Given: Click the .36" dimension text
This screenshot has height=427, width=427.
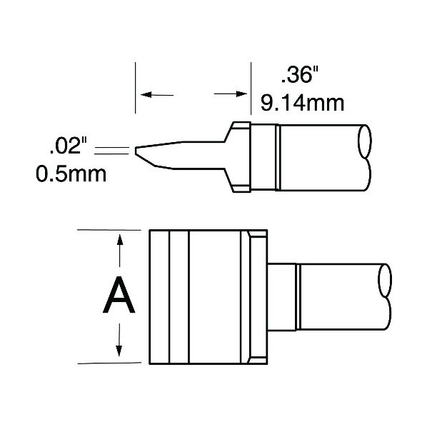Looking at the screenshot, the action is pyautogui.click(x=299, y=75).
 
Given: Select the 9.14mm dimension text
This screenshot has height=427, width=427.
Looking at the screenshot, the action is pyautogui.click(x=302, y=103).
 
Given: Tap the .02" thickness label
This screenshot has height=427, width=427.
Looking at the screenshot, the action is pyautogui.click(x=68, y=146).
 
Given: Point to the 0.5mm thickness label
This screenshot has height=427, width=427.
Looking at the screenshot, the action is pyautogui.click(x=71, y=174).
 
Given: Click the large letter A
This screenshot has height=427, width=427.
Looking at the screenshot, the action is pyautogui.click(x=119, y=295).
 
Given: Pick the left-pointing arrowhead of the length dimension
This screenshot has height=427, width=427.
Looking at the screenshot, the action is pyautogui.click(x=146, y=95).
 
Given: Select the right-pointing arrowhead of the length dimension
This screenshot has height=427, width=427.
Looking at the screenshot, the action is pyautogui.click(x=241, y=94).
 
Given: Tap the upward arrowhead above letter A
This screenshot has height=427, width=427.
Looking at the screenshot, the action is pyautogui.click(x=119, y=240).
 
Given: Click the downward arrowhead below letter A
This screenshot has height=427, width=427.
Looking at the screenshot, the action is pyautogui.click(x=119, y=351).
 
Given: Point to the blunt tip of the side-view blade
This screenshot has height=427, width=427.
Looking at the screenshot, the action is pyautogui.click(x=136, y=151).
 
